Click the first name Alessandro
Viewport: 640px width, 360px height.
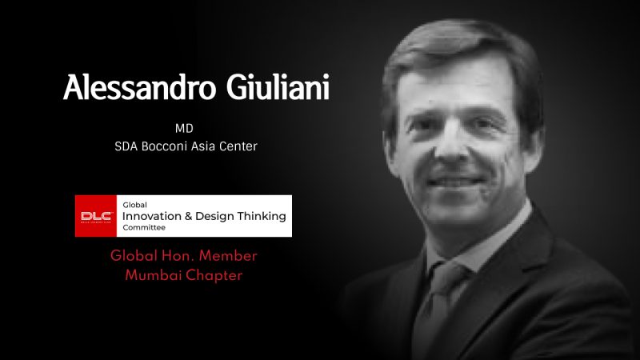point(139,87)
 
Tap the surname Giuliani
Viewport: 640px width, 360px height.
point(278,86)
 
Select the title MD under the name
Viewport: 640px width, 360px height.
point(184,129)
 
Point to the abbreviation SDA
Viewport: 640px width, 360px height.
point(126,146)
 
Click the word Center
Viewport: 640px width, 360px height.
point(238,146)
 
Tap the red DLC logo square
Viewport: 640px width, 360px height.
point(96,216)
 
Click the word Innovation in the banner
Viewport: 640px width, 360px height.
point(152,216)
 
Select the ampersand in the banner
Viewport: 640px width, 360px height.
point(188,216)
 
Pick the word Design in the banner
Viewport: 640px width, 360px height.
point(215,217)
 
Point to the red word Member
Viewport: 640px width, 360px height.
point(228,256)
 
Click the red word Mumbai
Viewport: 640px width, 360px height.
point(154,275)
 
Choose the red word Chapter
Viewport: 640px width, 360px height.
point(214,275)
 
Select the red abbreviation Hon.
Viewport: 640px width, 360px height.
point(178,256)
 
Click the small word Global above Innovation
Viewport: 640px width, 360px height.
point(134,205)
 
